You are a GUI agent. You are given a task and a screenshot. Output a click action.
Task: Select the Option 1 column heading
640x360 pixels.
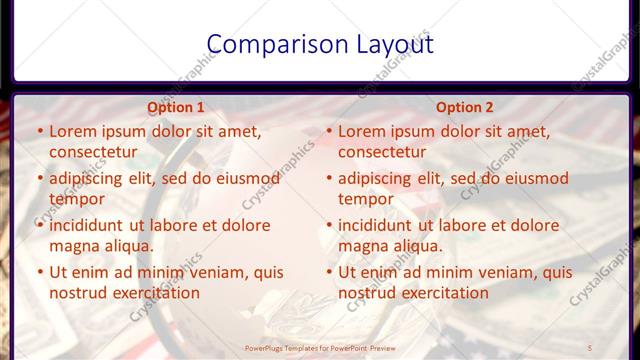(175, 107)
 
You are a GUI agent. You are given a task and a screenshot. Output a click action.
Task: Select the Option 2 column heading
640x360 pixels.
(465, 107)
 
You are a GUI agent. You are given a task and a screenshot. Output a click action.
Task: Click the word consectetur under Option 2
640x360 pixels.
(382, 152)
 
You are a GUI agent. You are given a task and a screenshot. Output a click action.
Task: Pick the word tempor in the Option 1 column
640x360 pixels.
(77, 199)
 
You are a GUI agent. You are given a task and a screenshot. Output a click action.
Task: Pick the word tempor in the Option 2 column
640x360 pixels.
(366, 199)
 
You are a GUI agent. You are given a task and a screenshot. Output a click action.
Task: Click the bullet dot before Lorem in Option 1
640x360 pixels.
(40, 131)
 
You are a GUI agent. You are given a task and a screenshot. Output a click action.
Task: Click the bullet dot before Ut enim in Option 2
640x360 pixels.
(329, 272)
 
